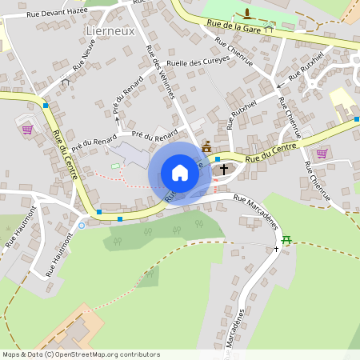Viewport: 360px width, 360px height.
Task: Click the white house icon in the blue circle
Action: coord(180,173)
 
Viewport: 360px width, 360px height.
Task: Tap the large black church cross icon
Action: coord(223,169)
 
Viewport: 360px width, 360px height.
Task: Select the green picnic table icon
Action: coord(287,239)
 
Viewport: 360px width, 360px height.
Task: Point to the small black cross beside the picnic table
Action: coord(276,249)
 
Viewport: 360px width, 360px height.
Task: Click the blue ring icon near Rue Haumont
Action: coord(81,226)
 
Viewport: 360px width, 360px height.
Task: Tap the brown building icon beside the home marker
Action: coord(206,146)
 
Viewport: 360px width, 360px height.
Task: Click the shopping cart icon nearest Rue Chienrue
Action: coord(322,153)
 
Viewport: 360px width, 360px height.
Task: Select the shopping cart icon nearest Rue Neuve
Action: coord(27,129)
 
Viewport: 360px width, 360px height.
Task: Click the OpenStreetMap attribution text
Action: coord(82,354)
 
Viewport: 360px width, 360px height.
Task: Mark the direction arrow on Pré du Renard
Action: coord(115,120)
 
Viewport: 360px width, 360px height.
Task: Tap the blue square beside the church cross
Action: coord(217,159)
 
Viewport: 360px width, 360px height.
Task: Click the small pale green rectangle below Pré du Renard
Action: coord(114,166)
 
